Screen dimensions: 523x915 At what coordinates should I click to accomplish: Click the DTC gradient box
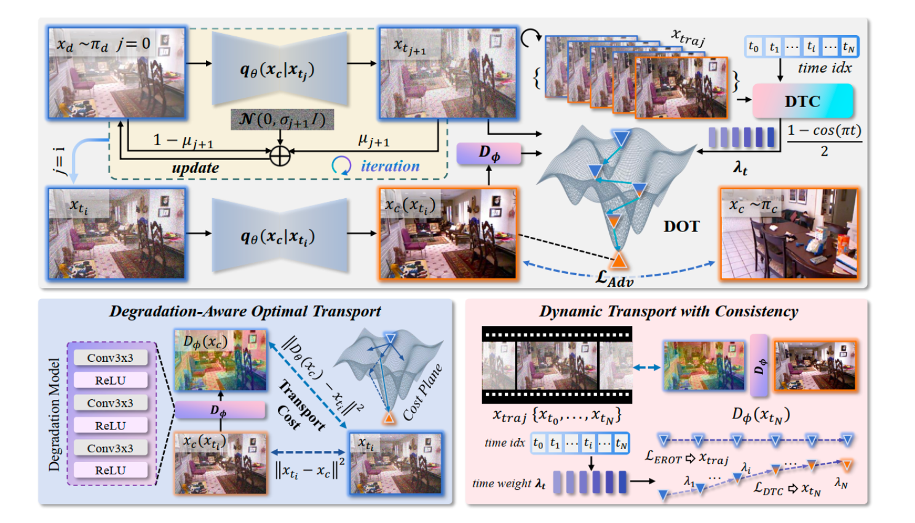tap(802, 101)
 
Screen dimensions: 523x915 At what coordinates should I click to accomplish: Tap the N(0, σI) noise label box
tap(282, 119)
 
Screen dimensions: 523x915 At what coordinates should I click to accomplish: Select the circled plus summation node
tap(280, 156)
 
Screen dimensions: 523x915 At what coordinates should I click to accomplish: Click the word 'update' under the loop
tap(195, 167)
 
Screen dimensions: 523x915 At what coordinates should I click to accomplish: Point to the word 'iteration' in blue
tap(390, 166)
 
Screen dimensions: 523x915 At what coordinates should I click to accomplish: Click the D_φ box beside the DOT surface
tap(489, 153)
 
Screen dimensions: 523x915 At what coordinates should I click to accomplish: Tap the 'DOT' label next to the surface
tap(681, 226)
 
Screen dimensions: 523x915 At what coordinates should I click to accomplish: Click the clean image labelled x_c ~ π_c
tap(789, 233)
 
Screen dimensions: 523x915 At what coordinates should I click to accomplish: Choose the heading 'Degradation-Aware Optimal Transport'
tap(245, 311)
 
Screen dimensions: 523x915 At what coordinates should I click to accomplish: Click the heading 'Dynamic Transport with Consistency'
tap(668, 311)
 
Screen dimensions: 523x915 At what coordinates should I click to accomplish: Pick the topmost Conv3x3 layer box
tap(110, 357)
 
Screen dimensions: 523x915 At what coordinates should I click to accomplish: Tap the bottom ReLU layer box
tap(110, 470)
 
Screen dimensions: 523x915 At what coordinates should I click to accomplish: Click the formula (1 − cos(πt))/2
tap(824, 140)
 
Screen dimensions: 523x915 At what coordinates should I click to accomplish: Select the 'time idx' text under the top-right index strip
tap(824, 68)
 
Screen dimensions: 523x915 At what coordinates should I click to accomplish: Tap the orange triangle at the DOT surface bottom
tap(619, 260)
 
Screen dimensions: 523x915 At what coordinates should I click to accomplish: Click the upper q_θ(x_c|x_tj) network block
tap(280, 70)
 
